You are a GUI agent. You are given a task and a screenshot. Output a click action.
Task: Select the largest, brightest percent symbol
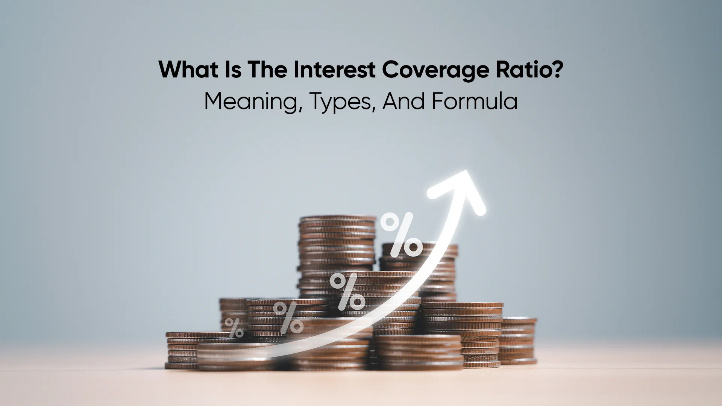click(401, 235)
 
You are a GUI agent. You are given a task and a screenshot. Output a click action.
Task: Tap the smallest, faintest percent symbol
click(234, 328)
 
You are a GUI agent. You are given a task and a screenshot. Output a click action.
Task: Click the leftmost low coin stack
click(182, 350)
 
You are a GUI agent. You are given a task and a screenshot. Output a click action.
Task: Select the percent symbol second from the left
click(288, 318)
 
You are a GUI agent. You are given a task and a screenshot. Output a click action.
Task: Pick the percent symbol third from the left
click(347, 291)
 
